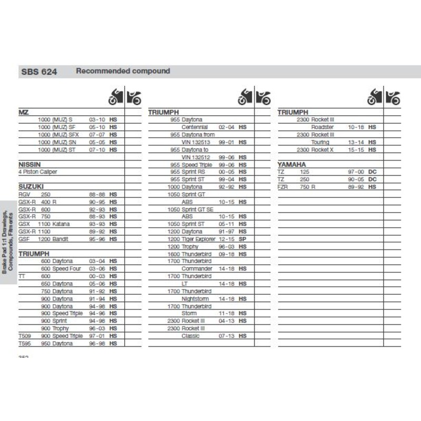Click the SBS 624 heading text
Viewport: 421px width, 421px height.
[39, 72]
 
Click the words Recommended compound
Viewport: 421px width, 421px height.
[123, 71]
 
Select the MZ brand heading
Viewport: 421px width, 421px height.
[23, 113]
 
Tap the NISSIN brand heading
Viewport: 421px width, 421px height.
[29, 164]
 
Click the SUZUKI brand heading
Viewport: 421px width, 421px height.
[31, 187]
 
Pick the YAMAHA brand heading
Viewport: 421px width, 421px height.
[292, 164]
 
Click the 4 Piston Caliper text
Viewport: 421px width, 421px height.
[38, 172]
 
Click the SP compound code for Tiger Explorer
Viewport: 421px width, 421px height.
[243, 239]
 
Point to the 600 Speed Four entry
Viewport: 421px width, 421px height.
[61, 268]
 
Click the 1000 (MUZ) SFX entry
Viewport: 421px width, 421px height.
[59, 134]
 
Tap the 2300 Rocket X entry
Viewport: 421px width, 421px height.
[315, 149]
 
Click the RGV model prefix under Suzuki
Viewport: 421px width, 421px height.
[25, 194]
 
